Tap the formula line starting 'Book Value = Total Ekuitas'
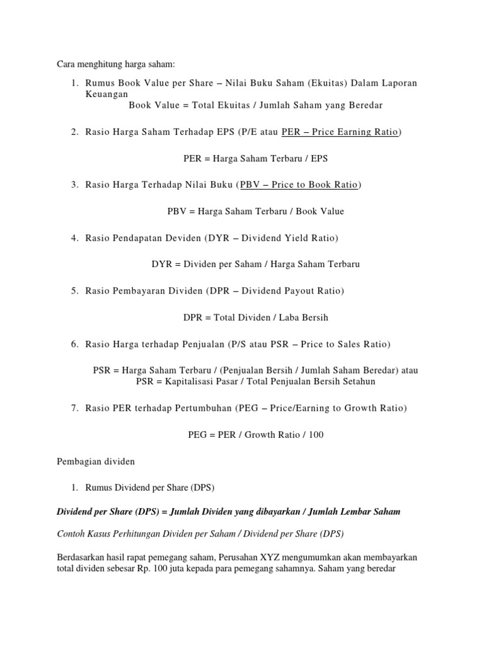pyautogui.click(x=255, y=105)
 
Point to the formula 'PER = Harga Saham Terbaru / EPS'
pyautogui.click(x=255, y=158)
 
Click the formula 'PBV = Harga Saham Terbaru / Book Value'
pyautogui.click(x=255, y=211)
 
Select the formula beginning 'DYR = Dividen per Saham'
pyautogui.click(x=255, y=264)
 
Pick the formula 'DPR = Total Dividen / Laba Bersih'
pyautogui.click(x=255, y=317)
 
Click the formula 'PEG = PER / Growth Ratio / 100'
pyautogui.click(x=255, y=435)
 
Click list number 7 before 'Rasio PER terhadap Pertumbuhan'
pyautogui.click(x=74, y=408)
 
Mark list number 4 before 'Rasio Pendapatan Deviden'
pyautogui.click(x=74, y=237)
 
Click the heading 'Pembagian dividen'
pyautogui.click(x=95, y=461)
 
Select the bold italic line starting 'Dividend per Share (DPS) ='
pyautogui.click(x=228, y=511)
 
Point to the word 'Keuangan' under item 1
pyautogui.click(x=107, y=94)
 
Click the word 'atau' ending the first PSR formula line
pyautogui.click(x=410, y=370)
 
